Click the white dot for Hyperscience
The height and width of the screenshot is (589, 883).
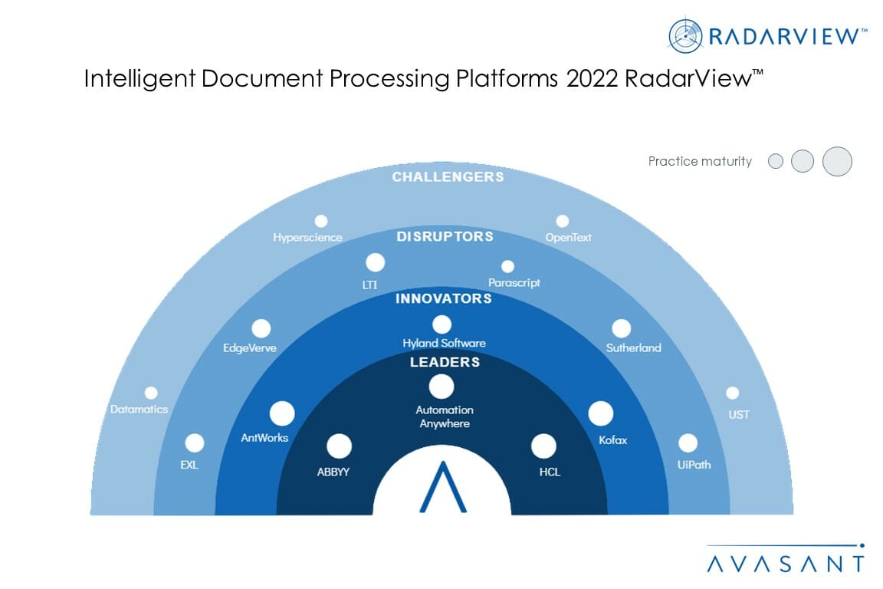click(x=321, y=221)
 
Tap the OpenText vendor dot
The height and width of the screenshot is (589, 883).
click(x=562, y=221)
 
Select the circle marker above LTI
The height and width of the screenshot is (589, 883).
click(x=375, y=262)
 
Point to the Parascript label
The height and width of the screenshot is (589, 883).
click(x=514, y=282)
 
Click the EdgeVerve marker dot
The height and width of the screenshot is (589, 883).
click(x=261, y=328)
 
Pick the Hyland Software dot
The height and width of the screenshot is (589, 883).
click(x=441, y=324)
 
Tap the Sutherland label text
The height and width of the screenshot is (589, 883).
click(x=634, y=347)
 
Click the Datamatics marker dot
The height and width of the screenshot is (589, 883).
click(x=151, y=393)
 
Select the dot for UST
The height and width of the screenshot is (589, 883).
click(x=733, y=393)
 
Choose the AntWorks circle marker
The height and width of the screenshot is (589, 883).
click(x=282, y=413)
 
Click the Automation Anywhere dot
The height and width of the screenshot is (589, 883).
click(x=441, y=387)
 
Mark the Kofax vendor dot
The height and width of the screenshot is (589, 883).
click(x=601, y=413)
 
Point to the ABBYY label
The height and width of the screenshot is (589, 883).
click(x=333, y=472)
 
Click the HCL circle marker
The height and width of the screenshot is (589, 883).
click(x=543, y=446)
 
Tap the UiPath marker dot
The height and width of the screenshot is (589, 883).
click(x=688, y=443)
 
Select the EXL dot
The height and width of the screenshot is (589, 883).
click(x=195, y=443)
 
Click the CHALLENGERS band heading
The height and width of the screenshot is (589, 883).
click(x=448, y=177)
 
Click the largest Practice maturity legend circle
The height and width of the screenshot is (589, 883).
click(x=837, y=161)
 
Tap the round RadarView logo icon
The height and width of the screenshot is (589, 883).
click(x=685, y=35)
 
